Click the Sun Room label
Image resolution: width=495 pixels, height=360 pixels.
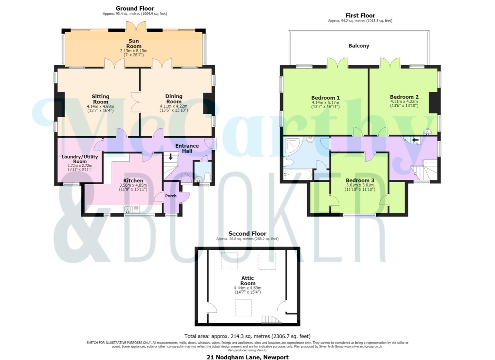(x=134, y=44)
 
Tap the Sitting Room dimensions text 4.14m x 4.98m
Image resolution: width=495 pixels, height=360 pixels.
(x=100, y=107)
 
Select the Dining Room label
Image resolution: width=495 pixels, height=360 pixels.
(x=174, y=99)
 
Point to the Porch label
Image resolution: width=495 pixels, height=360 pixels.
(x=171, y=196)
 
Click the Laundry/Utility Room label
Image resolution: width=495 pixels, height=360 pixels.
(x=80, y=159)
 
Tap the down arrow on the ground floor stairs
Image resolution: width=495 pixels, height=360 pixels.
(x=171, y=157)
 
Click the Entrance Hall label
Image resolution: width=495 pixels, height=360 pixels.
(x=187, y=148)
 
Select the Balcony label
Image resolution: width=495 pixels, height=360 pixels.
(x=359, y=46)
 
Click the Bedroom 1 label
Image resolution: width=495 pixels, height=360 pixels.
(x=325, y=98)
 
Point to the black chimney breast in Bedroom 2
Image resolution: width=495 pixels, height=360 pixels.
(x=435, y=103)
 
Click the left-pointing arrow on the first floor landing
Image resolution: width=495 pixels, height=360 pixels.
(x=415, y=140)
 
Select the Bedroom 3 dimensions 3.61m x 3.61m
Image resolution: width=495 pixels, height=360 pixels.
(x=360, y=185)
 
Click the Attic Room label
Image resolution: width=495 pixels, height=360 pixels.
(x=248, y=281)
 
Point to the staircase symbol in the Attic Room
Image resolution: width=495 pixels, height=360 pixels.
(x=271, y=319)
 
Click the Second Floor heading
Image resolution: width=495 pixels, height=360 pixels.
(x=247, y=234)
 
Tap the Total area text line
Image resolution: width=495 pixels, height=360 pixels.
(x=247, y=336)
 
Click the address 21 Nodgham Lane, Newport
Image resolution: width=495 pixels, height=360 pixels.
(x=248, y=357)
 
